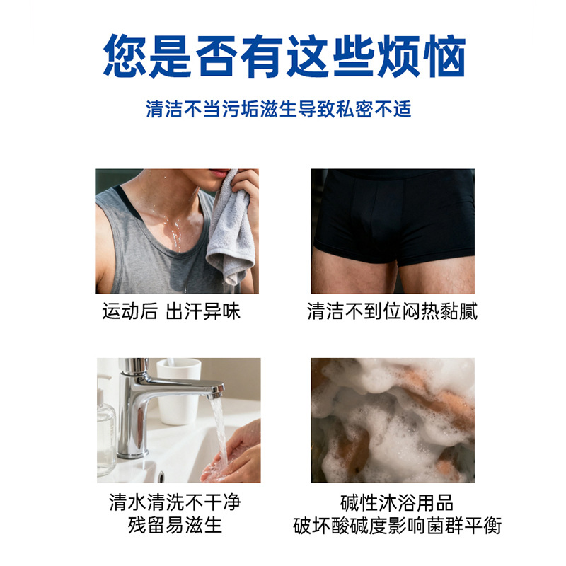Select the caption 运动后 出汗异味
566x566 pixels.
(x=171, y=311)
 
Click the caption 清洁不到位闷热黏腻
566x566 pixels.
(x=393, y=311)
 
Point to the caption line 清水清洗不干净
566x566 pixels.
(x=175, y=502)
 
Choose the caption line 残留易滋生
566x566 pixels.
(x=175, y=525)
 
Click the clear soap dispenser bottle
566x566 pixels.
(x=106, y=432)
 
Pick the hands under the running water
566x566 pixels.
(x=233, y=460)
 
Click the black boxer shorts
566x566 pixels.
(x=393, y=216)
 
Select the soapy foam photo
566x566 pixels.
(x=393, y=420)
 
